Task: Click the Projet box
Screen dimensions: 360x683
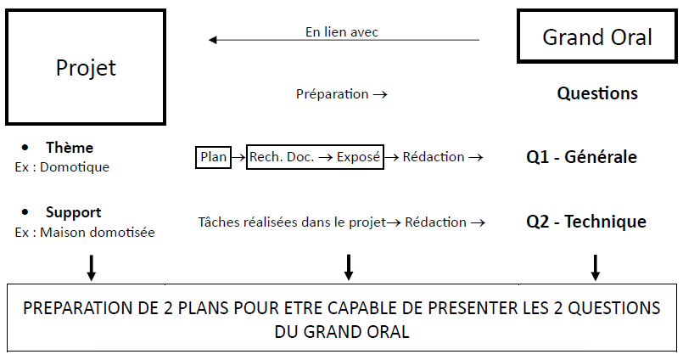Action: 85,67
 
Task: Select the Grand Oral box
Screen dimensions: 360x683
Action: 596,37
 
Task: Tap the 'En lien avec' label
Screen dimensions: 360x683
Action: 341,31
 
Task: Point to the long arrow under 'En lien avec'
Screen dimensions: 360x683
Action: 344,40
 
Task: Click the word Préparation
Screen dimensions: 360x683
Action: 332,94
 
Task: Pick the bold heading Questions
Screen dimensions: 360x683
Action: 596,93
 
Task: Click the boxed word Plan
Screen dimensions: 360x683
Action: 213,157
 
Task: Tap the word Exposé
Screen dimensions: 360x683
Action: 358,157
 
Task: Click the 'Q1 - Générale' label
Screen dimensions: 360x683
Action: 581,157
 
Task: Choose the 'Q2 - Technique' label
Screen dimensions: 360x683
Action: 585,222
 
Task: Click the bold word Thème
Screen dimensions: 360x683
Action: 69,148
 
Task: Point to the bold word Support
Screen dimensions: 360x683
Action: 73,212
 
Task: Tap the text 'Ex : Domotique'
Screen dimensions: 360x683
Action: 62,167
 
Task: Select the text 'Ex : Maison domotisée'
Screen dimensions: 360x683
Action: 85,232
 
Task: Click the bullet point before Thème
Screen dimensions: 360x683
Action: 27,148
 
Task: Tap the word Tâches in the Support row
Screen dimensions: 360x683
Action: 219,222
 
